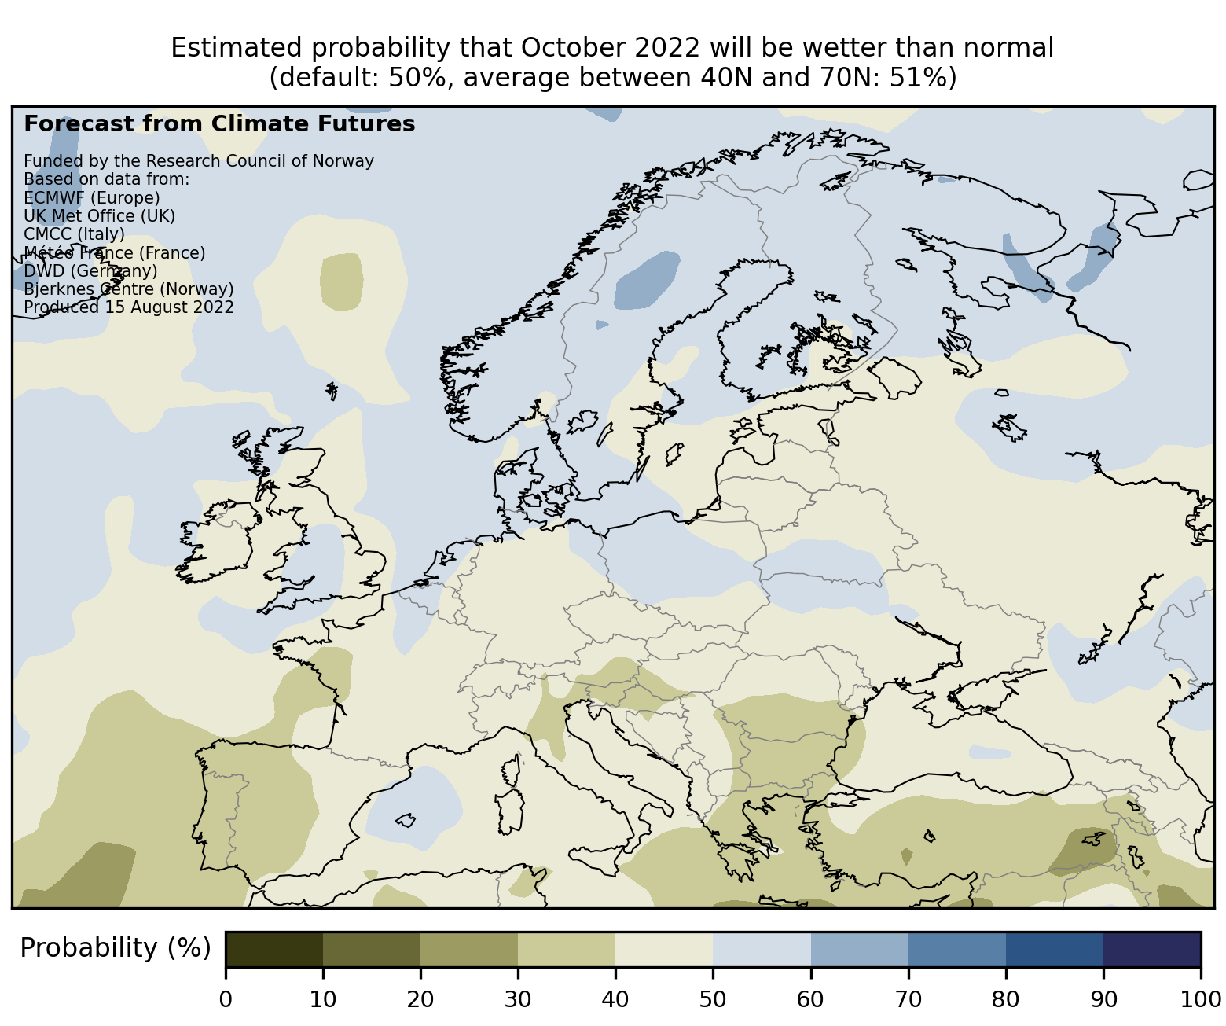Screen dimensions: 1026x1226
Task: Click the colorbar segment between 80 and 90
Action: coord(1054,949)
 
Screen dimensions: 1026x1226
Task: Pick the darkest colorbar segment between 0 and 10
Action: coord(274,949)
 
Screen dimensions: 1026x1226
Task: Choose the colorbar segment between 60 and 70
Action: coord(859,949)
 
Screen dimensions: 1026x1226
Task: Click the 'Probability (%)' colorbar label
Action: coord(116,948)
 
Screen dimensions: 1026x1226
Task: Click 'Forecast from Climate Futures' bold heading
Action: coord(219,124)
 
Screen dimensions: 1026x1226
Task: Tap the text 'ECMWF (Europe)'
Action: coord(91,197)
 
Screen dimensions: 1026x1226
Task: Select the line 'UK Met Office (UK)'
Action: coord(99,215)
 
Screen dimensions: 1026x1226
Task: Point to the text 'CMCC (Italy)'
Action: coord(74,234)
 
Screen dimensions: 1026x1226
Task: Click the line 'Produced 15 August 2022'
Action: coord(129,307)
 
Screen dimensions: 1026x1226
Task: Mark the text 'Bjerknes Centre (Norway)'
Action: coord(129,289)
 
